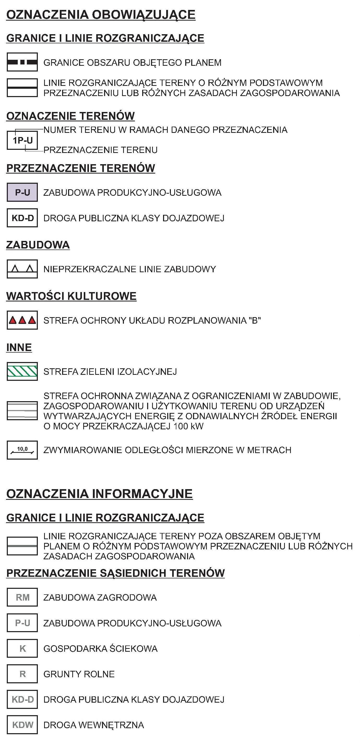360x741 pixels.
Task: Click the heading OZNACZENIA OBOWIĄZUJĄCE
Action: pyautogui.click(x=101, y=15)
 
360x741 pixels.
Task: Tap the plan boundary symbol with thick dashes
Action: pyautogui.click(x=22, y=62)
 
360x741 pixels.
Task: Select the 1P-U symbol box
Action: pyautogui.click(x=22, y=140)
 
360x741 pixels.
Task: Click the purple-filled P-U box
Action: pyautogui.click(x=22, y=192)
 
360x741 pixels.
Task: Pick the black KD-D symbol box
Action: pyautogui.click(x=22, y=218)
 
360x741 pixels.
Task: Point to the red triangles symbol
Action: pyautogui.click(x=22, y=320)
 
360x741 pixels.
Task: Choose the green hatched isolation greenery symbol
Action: pyautogui.click(x=22, y=371)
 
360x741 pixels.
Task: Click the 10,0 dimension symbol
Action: pyautogui.click(x=22, y=450)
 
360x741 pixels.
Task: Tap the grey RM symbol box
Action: pyautogui.click(x=22, y=597)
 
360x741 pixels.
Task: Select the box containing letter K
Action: pyautogui.click(x=22, y=649)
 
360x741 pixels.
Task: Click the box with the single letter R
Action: pyautogui.click(x=22, y=674)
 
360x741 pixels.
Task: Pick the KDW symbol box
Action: pyautogui.click(x=22, y=725)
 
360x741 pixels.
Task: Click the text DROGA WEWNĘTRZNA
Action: pyautogui.click(x=93, y=725)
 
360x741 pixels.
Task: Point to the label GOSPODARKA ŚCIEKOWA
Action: pyautogui.click(x=100, y=649)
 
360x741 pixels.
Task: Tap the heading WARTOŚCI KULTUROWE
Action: pyautogui.click(x=71, y=296)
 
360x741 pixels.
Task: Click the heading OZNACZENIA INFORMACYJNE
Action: pyautogui.click(x=99, y=494)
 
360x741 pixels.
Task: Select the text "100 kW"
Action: pyautogui.click(x=188, y=426)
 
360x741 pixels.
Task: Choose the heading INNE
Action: pyautogui.click(x=19, y=347)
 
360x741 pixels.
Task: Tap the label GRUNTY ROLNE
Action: pyautogui.click(x=79, y=674)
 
